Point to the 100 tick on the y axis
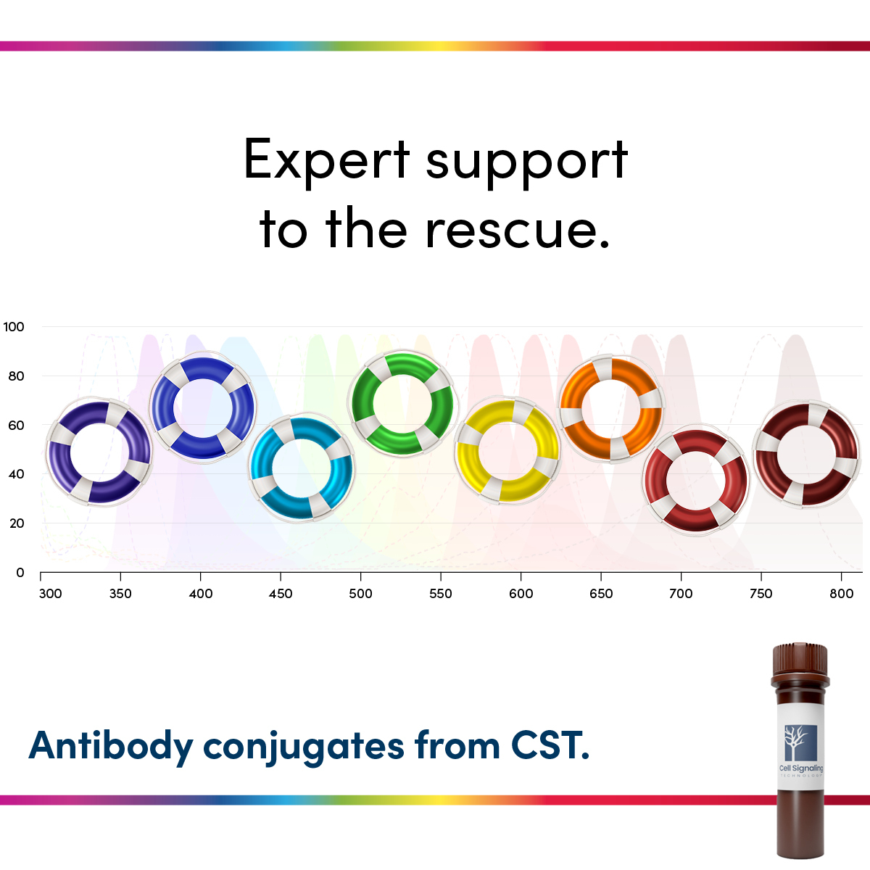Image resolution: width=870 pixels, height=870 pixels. [x=14, y=327]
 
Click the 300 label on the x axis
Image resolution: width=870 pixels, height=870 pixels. [x=50, y=594]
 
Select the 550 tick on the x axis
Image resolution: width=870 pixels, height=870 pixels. [x=440, y=594]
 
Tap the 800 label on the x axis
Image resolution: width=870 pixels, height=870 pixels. [x=841, y=594]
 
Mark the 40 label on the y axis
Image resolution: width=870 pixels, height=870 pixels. [x=16, y=474]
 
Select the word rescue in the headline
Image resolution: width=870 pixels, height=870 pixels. [x=517, y=229]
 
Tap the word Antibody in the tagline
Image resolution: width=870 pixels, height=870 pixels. [x=111, y=746]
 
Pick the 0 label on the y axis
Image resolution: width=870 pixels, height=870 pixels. [x=20, y=573]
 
